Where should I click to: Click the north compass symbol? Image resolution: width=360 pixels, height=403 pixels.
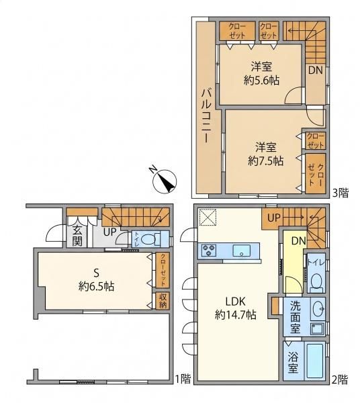click(x=165, y=181)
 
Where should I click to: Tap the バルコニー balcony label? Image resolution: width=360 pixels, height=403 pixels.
click(x=207, y=116)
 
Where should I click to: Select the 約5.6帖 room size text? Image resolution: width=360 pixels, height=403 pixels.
click(x=261, y=81)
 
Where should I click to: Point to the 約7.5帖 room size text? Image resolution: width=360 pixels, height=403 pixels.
click(x=266, y=161)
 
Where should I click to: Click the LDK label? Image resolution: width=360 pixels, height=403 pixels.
click(x=236, y=301)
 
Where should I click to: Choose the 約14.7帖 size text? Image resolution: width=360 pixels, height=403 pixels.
click(x=235, y=314)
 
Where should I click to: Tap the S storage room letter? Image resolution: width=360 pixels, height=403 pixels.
click(x=96, y=273)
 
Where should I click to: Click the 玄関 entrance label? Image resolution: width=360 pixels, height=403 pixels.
click(x=77, y=236)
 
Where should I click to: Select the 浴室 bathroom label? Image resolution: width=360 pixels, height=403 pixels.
click(x=294, y=362)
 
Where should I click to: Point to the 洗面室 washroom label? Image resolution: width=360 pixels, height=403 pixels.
click(x=296, y=317)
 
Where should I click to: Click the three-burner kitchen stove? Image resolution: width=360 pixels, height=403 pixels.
click(x=209, y=251)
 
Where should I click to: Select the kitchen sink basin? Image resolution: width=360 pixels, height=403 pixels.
click(x=242, y=251)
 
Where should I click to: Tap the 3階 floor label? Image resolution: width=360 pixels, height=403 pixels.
click(x=341, y=193)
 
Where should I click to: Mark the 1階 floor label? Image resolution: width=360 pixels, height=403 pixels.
click(x=183, y=379)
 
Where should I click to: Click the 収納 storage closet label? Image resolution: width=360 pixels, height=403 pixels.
click(x=163, y=301)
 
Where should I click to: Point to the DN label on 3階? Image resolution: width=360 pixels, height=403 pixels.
click(x=315, y=70)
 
